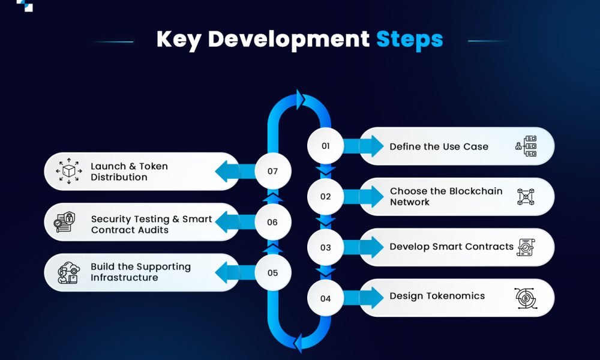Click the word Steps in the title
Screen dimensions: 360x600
click(x=409, y=40)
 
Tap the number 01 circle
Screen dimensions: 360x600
click(x=326, y=146)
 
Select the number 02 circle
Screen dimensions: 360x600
click(x=326, y=196)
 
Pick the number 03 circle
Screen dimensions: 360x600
click(x=326, y=247)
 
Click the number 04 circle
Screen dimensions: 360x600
click(x=326, y=298)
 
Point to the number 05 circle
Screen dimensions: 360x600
click(x=273, y=272)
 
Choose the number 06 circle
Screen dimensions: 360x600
click(x=273, y=222)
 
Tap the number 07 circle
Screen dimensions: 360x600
click(x=273, y=171)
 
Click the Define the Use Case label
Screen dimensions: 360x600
click(x=439, y=146)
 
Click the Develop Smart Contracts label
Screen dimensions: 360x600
click(x=451, y=247)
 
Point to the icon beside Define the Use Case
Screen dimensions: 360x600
click(x=526, y=146)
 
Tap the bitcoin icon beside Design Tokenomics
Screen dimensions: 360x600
click(x=526, y=298)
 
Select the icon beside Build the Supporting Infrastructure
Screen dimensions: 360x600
click(x=67, y=272)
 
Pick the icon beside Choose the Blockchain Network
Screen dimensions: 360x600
click(x=526, y=197)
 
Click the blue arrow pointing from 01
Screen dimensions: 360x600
click(x=363, y=146)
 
